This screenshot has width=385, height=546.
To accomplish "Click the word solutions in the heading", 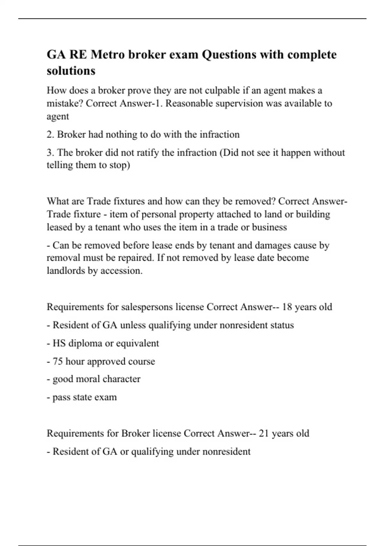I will (x=71, y=71).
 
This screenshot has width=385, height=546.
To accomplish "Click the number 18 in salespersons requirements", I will (x=287, y=307).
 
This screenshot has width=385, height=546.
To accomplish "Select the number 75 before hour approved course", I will (x=58, y=361).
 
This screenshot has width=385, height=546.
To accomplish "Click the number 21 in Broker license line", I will (x=264, y=433).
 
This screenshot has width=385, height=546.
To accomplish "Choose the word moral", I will (x=88, y=379).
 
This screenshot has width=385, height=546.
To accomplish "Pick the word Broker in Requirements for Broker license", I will (x=135, y=433).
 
